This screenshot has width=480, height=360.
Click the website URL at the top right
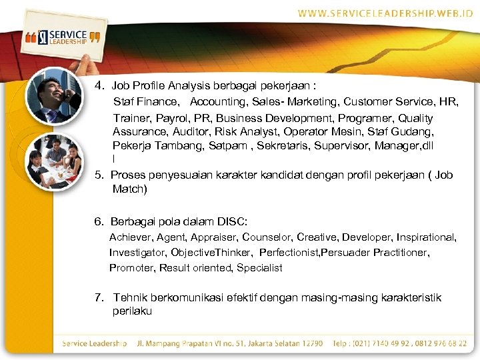coord(385,13)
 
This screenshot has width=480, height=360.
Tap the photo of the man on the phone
coord(53,96)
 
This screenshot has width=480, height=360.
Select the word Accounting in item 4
coord(219,102)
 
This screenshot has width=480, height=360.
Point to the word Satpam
coord(227,145)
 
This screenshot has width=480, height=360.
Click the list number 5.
coord(98,175)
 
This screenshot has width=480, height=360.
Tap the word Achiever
coord(131,237)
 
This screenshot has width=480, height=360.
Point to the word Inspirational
coord(426,237)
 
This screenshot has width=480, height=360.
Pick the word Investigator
coord(137,253)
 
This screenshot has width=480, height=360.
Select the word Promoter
coord(132,268)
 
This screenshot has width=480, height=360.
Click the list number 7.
coord(98,297)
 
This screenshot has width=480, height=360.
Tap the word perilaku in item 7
coord(132,311)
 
